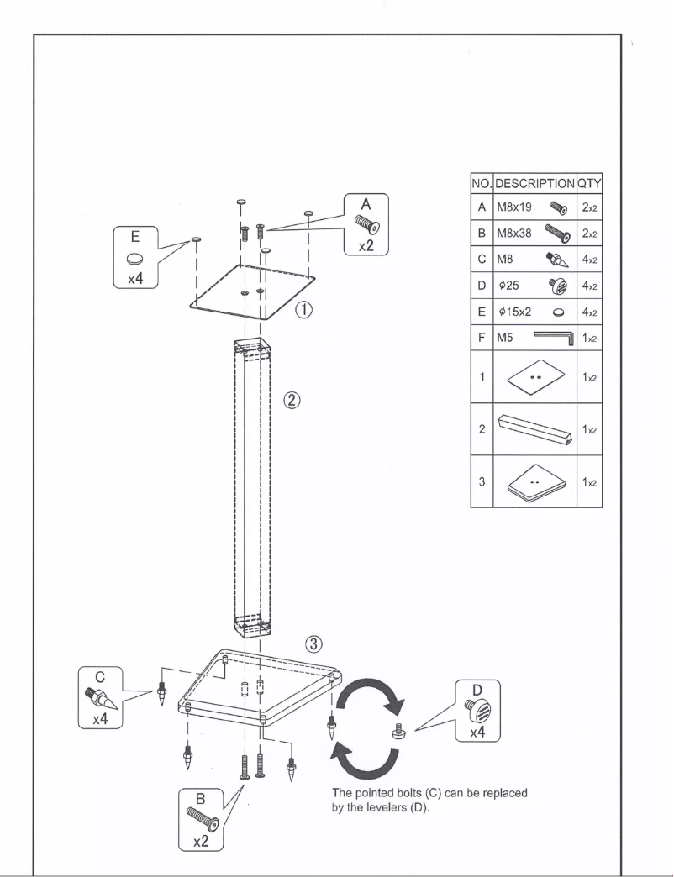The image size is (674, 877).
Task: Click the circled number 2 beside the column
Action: [292, 401]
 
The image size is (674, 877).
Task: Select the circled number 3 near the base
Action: [312, 644]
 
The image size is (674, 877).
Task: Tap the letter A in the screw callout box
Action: [366, 203]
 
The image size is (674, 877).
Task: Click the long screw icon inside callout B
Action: [200, 815]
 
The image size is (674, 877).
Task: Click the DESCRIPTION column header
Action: [534, 182]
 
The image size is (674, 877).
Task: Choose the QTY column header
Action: [590, 182]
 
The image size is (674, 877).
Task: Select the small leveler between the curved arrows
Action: [398, 732]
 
